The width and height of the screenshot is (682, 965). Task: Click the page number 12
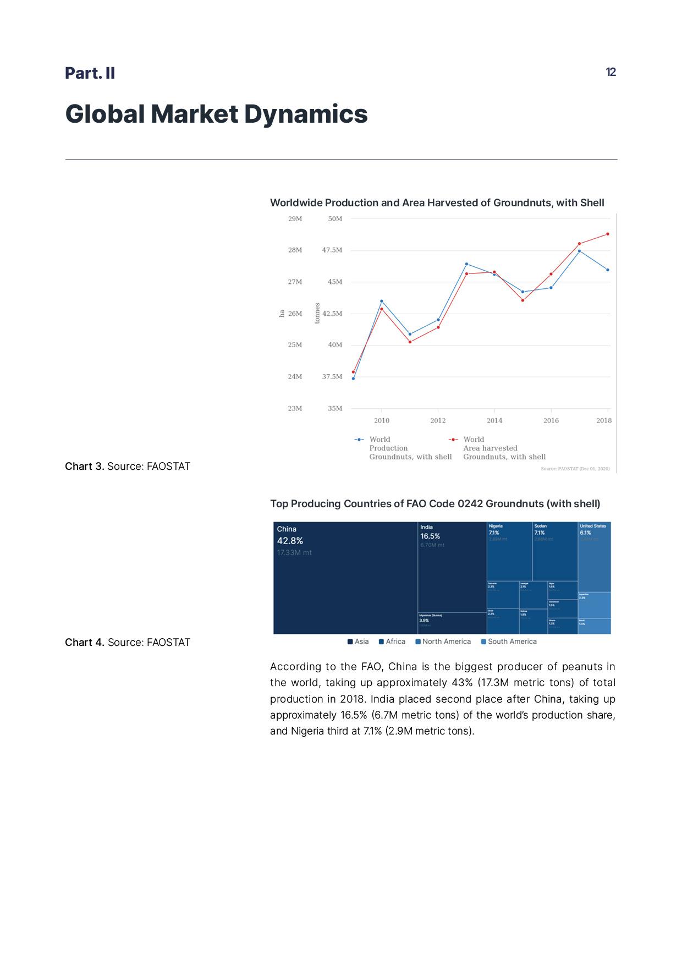tap(610, 72)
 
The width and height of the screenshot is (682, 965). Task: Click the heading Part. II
tap(90, 73)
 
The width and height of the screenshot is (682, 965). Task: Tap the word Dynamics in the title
tap(305, 114)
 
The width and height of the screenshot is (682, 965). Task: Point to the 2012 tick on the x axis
tap(438, 420)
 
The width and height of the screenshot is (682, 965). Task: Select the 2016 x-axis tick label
tap(551, 420)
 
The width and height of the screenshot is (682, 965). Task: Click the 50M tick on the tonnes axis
tap(335, 219)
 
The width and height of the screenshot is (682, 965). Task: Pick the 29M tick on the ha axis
tap(295, 219)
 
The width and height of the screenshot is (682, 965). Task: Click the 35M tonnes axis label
tap(335, 408)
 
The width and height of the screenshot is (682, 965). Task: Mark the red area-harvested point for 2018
tap(607, 234)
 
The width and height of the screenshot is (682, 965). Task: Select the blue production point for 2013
tap(466, 264)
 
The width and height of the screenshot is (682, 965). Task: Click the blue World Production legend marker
tap(359, 440)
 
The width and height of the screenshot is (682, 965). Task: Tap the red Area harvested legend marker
tap(453, 440)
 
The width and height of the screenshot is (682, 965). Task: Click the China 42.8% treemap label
tap(290, 541)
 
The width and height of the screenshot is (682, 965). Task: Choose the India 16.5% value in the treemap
tap(430, 536)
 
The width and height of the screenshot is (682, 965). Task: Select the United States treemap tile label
tap(593, 526)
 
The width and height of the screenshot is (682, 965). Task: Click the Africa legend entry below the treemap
tap(392, 641)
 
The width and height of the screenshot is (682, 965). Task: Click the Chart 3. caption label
tap(85, 467)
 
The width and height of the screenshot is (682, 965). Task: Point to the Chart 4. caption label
tap(85, 643)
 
